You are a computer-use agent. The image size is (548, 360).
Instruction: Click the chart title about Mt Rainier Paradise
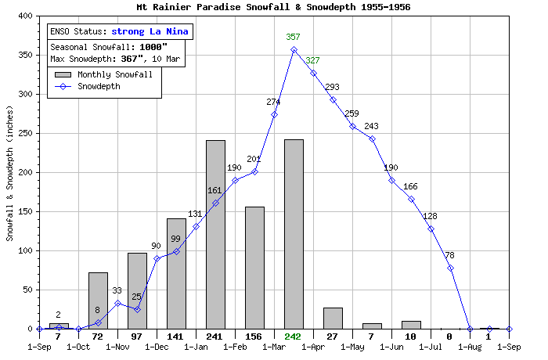click(273, 7)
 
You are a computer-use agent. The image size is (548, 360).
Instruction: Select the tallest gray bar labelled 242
click(294, 234)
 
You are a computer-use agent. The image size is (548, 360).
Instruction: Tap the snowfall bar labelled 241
click(215, 235)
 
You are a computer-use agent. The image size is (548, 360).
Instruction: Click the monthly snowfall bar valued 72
click(98, 301)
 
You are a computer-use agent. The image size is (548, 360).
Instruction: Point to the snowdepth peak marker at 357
click(294, 49)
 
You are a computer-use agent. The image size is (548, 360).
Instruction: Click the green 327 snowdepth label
click(313, 60)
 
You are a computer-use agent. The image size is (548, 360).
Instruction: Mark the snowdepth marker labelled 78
click(450, 268)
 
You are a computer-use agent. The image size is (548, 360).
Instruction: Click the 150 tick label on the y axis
click(25, 211)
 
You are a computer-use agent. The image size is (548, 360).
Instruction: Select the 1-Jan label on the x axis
click(196, 345)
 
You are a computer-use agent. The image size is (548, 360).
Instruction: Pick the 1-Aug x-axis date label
click(470, 345)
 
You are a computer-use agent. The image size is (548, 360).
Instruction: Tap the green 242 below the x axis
click(294, 336)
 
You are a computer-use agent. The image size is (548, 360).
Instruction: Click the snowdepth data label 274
click(272, 103)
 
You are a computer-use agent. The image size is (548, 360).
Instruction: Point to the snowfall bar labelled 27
click(333, 319)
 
